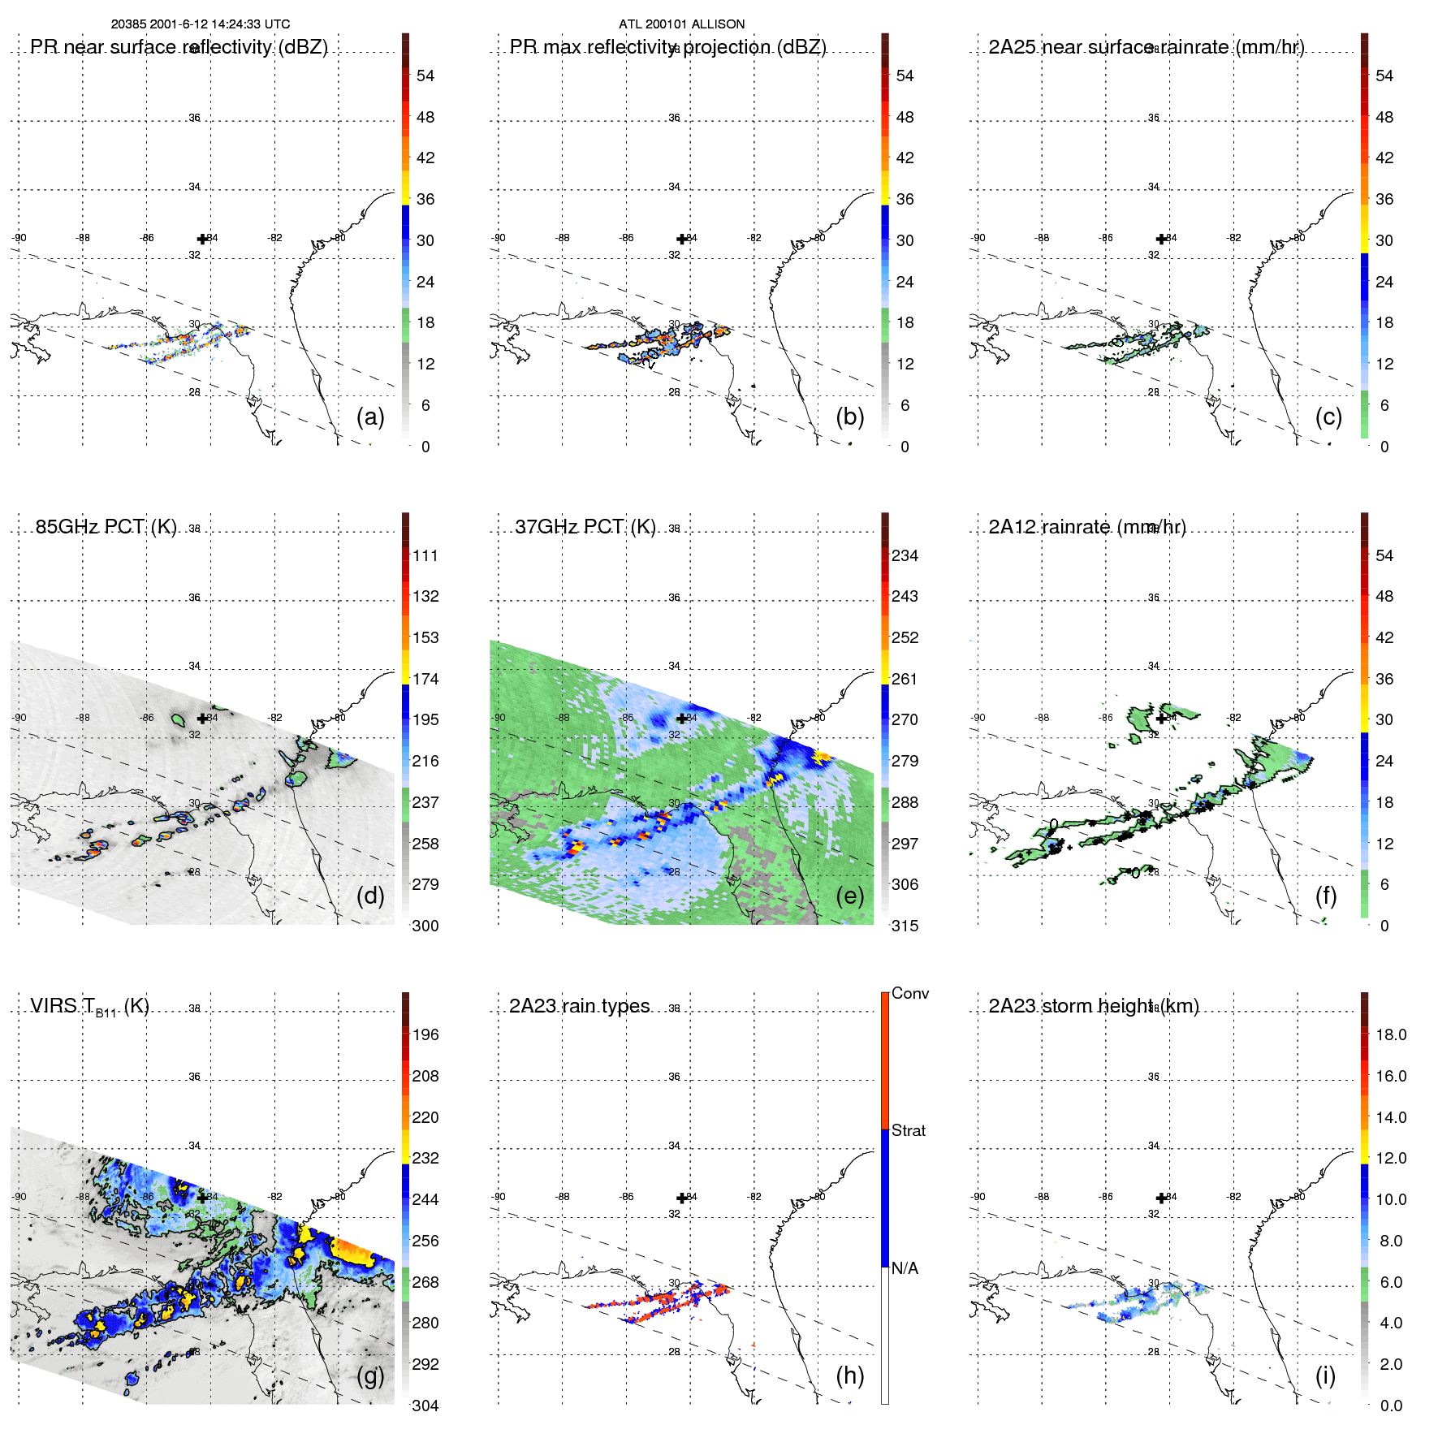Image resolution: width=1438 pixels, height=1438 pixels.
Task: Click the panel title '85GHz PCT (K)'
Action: [x=106, y=527]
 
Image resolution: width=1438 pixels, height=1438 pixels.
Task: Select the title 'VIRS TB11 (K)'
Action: [x=89, y=1007]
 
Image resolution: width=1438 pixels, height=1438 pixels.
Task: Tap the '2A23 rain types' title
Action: [x=580, y=1006]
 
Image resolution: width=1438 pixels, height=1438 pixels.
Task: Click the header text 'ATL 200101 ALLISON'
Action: [x=681, y=24]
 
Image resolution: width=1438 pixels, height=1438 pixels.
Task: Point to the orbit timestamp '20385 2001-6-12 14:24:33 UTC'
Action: [x=201, y=24]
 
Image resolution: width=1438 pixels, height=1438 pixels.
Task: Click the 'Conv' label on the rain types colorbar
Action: [x=910, y=993]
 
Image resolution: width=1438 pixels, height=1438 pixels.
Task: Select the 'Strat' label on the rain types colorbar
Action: [x=909, y=1130]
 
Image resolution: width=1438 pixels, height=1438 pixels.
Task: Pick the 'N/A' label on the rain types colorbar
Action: [x=905, y=1268]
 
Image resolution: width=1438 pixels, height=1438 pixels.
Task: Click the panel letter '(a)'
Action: [x=370, y=417]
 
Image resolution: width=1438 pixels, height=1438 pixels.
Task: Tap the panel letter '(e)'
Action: [x=850, y=896]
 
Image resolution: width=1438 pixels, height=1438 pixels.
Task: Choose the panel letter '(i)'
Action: [x=1325, y=1375]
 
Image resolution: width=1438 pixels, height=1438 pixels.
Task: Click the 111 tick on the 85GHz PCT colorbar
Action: [x=425, y=556]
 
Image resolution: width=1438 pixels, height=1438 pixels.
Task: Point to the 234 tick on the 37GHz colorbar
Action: [x=905, y=556]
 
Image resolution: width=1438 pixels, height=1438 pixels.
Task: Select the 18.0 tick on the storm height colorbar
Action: [x=1391, y=1035]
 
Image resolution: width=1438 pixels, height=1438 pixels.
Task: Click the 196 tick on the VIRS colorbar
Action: [x=425, y=1035]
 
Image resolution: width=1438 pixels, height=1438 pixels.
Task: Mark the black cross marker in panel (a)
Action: [x=202, y=239]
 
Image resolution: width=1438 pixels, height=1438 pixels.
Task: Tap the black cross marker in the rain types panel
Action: [x=681, y=1198]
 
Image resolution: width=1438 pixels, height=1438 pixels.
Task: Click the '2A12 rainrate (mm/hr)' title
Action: [x=1087, y=527]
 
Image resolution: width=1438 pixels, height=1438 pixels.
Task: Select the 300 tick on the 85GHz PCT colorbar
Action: [x=425, y=926]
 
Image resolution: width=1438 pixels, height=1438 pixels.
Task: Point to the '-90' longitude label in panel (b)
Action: [x=499, y=238]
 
